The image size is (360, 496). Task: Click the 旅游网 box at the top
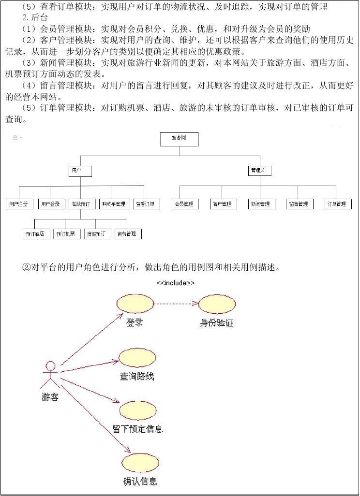[x=180, y=139]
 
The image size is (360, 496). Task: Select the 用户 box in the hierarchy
[x=80, y=171]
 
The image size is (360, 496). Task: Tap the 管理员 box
[x=260, y=171]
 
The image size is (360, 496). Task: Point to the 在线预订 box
[x=82, y=204]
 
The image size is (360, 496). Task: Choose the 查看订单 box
[x=146, y=204]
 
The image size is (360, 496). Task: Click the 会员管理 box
[x=185, y=204]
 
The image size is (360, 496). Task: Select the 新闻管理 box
[x=261, y=204]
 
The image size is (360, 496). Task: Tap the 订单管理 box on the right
[x=338, y=204]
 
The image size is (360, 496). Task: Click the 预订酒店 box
[x=37, y=234]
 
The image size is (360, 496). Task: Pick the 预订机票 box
[x=66, y=234]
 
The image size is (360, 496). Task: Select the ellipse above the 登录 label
[x=135, y=303]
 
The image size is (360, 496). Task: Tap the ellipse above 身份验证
[x=217, y=303]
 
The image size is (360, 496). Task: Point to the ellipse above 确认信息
[x=140, y=463]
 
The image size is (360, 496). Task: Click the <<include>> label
[x=176, y=283]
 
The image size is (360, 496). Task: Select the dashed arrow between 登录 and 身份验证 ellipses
[x=176, y=304]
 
